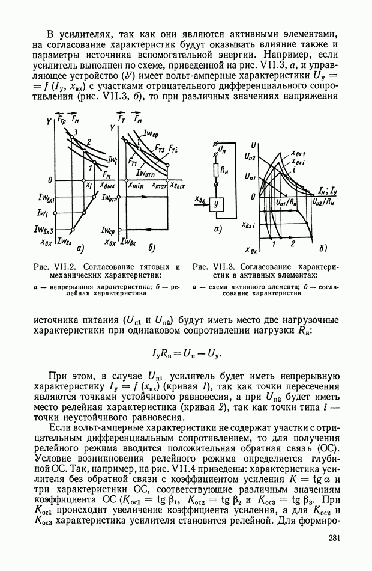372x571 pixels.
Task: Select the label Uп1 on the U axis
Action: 251,177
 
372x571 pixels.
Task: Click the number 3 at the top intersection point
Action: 76,132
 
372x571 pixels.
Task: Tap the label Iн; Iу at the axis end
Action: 328,189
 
